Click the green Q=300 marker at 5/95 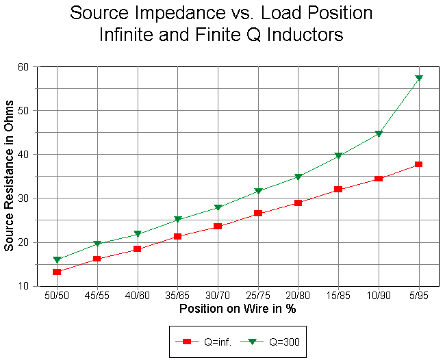point(418,79)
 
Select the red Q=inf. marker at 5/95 point(418,164)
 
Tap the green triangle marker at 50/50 point(57,260)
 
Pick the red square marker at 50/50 point(57,272)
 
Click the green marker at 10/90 point(379,134)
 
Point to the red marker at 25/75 point(258,214)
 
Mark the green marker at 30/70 point(218,207)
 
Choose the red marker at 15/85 point(338,189)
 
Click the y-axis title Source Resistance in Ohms point(10,176)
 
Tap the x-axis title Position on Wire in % point(238,309)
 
